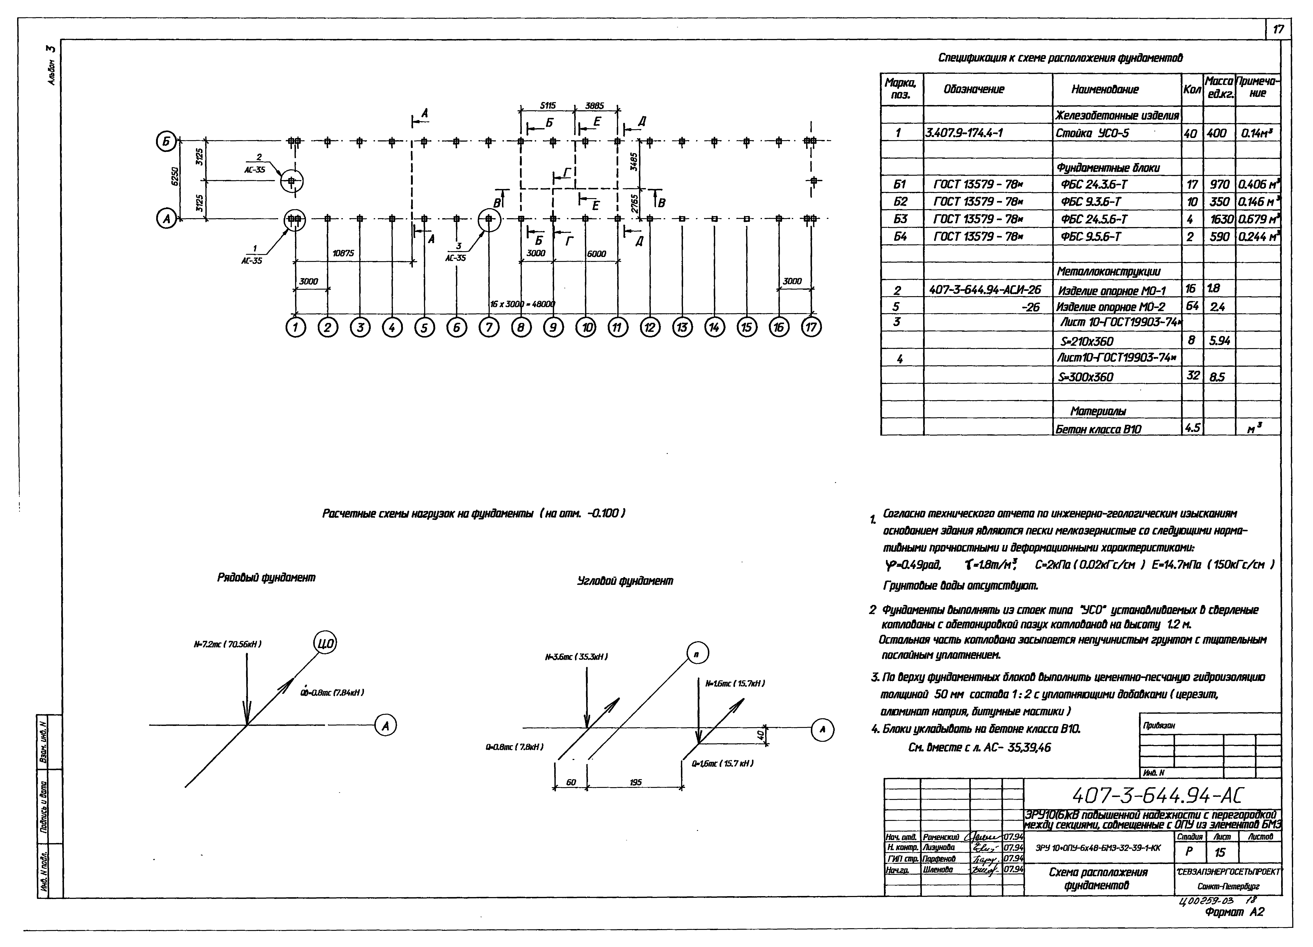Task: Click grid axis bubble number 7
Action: (489, 328)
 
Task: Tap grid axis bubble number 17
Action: (811, 328)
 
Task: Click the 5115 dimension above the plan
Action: (548, 106)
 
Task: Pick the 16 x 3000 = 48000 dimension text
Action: (522, 304)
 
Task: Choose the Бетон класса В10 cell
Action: (1098, 429)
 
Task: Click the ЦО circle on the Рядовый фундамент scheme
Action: (325, 644)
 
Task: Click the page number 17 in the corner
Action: (1278, 30)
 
